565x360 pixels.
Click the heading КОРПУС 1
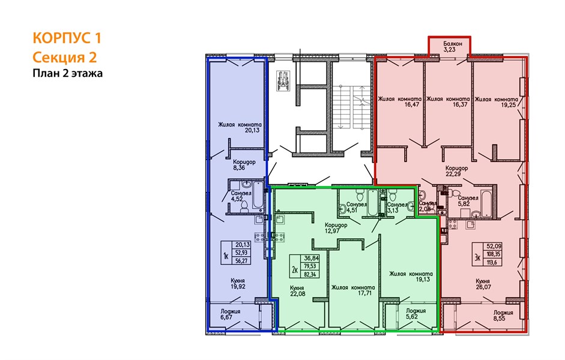pos(67,38)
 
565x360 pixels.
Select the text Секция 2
pos(64,57)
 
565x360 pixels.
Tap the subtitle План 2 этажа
pos(68,73)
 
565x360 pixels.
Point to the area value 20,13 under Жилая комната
pos(252,130)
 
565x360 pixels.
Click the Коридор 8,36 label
pos(244,164)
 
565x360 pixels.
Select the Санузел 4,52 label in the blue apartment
pos(241,196)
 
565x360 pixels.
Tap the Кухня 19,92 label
pos(238,283)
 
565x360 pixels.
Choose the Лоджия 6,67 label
pos(230,314)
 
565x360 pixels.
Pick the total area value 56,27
pos(241,260)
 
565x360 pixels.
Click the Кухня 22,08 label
pos(297,291)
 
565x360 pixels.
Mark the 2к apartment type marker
pos(295,269)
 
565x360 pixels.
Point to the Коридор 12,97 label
pos(336,228)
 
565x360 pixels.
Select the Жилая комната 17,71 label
pos(353,290)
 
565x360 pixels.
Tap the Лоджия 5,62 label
pos(416,314)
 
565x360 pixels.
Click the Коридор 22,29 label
pos(456,171)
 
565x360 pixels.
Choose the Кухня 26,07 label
pos(483,284)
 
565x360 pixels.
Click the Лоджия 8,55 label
pos(503,316)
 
